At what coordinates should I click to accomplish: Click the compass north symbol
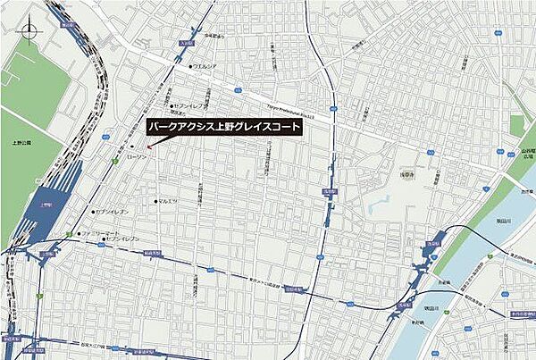(30, 34)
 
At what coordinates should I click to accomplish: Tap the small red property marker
(149, 148)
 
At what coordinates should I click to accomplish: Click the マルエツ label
(167, 201)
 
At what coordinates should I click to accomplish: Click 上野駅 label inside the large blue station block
(46, 204)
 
